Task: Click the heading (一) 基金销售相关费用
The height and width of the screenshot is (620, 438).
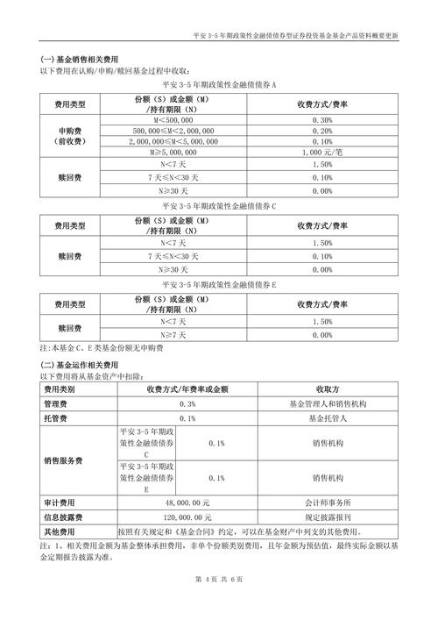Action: [x=74, y=59]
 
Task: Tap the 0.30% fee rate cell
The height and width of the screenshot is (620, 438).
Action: [x=321, y=119]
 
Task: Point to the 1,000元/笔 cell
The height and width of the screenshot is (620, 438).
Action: [x=321, y=152]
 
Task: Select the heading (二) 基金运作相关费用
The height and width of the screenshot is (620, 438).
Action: [x=74, y=364]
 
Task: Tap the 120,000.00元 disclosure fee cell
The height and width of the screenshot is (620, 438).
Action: [x=187, y=517]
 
